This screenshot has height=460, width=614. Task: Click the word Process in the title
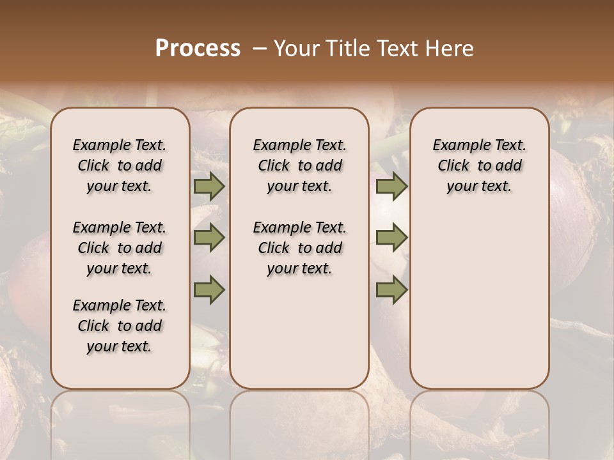tap(198, 49)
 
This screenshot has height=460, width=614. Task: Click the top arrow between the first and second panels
tap(209, 187)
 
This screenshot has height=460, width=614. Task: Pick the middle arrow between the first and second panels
tap(209, 238)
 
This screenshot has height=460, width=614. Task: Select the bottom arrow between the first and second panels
tap(209, 289)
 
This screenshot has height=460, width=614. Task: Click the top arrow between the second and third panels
tap(391, 187)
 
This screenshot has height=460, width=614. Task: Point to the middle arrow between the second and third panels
tap(391, 238)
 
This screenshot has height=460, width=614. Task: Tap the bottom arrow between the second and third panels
tap(391, 289)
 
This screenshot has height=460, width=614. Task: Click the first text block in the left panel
tap(120, 165)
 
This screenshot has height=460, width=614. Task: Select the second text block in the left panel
tap(120, 248)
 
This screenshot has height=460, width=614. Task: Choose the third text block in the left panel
tap(120, 326)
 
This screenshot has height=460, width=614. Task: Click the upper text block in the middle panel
tap(299, 165)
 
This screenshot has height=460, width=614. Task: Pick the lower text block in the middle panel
tap(299, 248)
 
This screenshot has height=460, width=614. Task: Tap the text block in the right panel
tap(479, 165)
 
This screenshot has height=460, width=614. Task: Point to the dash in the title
tap(260, 49)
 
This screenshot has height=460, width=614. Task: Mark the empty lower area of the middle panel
tap(299, 332)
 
